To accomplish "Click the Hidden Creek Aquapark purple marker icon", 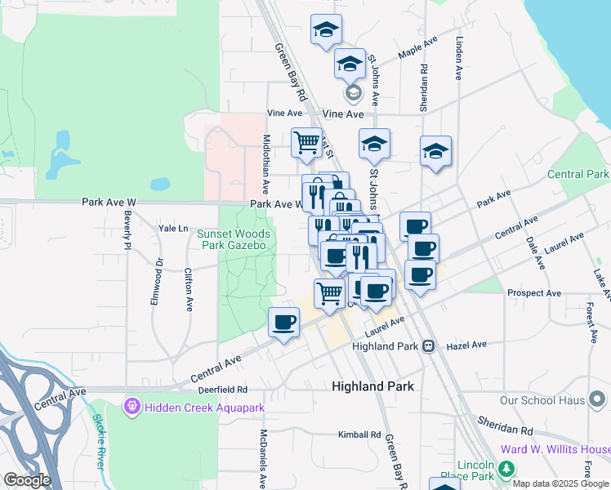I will coord(131,405).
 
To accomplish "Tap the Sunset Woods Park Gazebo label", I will coord(233,239).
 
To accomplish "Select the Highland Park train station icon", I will coord(427,346).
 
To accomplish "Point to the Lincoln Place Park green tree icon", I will coord(506,469).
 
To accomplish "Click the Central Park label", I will coord(578,174).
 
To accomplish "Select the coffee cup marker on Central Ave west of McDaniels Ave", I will coord(283,323).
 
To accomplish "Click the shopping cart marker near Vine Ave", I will coord(306,142).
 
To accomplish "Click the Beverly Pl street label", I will coord(127,230).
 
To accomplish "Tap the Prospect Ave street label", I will coord(533,292).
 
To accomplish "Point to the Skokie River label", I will coord(99,450).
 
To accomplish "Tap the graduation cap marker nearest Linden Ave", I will coord(435,152).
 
